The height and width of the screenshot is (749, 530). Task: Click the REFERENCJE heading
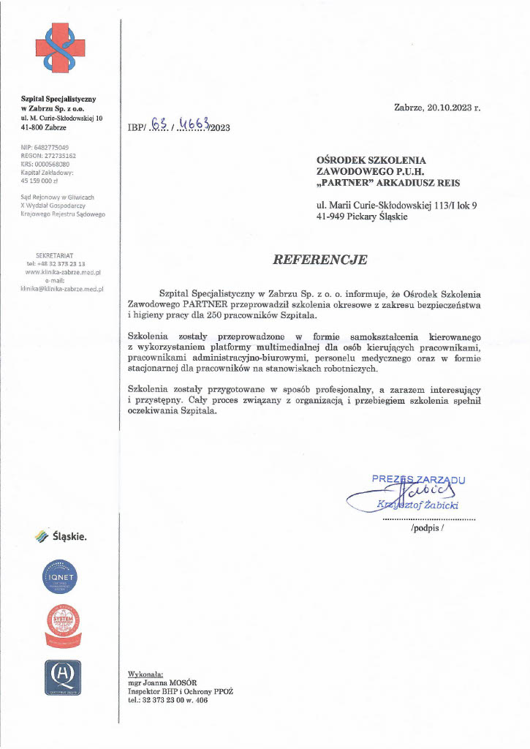click(320, 260)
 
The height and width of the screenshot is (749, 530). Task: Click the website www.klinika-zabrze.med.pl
click(62, 271)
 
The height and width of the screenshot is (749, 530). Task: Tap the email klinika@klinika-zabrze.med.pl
click(62, 288)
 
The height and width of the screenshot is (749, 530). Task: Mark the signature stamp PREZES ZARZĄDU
click(419, 480)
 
